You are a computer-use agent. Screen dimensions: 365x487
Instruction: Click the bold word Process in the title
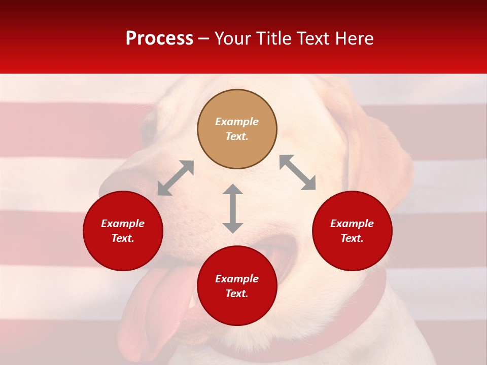coord(159,39)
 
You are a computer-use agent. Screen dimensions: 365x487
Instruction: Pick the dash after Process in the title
coord(203,40)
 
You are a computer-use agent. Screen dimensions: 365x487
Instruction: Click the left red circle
coord(123,231)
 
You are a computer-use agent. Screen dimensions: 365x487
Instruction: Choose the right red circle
coord(352,231)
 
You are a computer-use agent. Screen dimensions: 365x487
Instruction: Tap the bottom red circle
coord(237,286)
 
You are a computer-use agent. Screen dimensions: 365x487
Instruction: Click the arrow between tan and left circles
coord(176,178)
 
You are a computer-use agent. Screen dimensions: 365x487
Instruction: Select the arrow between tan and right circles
coord(298,172)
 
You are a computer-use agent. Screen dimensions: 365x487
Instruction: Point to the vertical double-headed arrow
coord(233,208)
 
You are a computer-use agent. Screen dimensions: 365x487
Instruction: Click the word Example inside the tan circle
coord(237,122)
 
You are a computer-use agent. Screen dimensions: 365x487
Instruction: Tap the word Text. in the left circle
coord(123,238)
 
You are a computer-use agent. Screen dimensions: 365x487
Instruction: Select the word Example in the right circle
coord(352,224)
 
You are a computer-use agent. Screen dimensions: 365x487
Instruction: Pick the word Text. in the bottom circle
coord(237,294)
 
